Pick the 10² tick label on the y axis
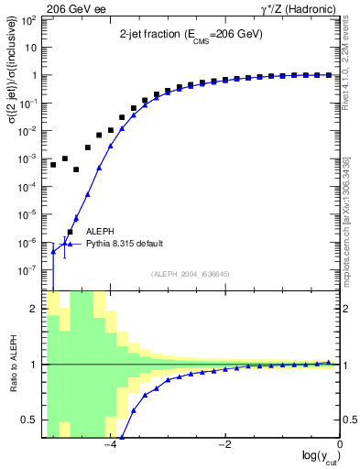pyautogui.click(x=28, y=19)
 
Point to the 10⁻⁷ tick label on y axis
pyautogui.click(x=28, y=271)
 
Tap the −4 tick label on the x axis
pyautogui.click(x=109, y=444)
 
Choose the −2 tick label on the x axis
pyautogui.click(x=224, y=444)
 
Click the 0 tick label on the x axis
pyautogui.click(x=339, y=444)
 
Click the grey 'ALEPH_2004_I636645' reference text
pyautogui.click(x=191, y=274)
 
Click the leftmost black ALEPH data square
pyautogui.click(x=53, y=165)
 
